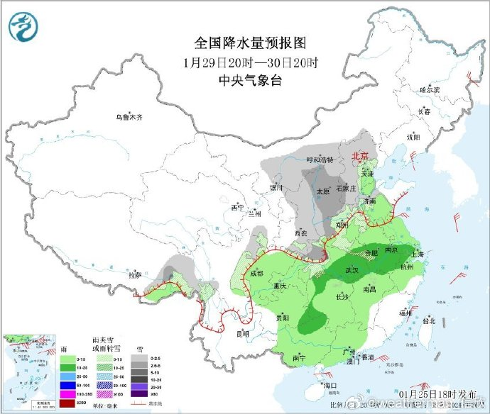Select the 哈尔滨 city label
430,90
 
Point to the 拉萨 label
134,274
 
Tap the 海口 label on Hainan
328,386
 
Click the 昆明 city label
244,332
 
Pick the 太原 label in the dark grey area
323,191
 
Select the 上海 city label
416,254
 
